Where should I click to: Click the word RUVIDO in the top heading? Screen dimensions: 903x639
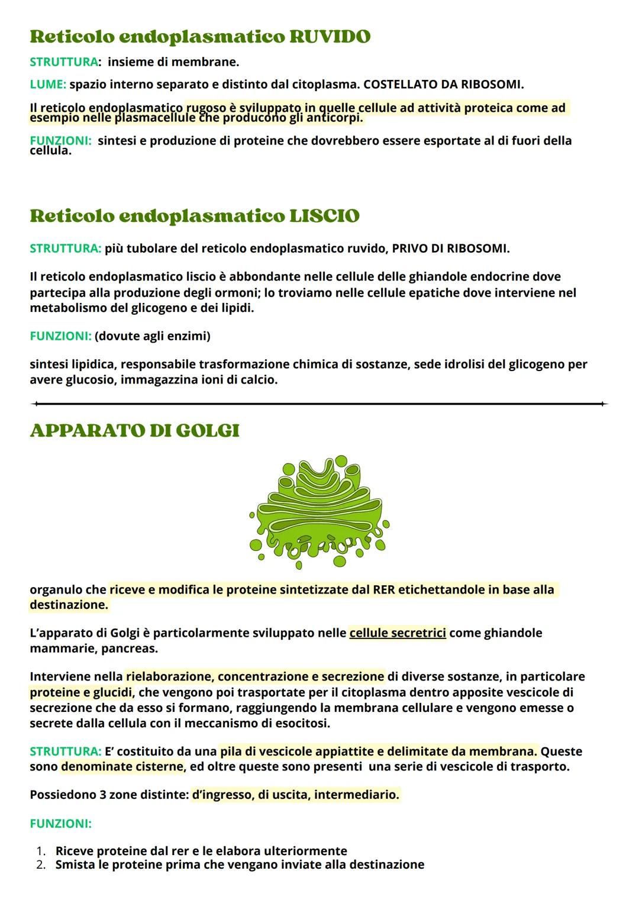click(x=330, y=37)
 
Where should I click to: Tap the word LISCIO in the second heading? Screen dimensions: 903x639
click(x=324, y=216)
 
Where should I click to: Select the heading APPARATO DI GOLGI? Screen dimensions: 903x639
click(x=134, y=430)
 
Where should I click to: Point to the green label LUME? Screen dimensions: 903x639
click(x=48, y=85)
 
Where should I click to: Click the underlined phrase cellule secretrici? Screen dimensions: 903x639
click(x=398, y=633)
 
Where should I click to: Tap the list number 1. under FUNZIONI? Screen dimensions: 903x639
click(x=41, y=851)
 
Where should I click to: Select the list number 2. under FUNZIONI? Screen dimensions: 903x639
click(x=41, y=865)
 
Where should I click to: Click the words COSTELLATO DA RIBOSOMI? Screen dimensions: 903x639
click(x=443, y=85)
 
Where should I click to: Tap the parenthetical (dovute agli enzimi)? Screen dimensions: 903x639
click(x=153, y=336)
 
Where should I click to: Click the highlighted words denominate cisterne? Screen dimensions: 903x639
click(x=122, y=767)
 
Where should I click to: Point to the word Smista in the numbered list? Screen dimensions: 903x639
click(x=74, y=865)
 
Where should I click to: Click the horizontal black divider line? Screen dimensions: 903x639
click(x=319, y=404)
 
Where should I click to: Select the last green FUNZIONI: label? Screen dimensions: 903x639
click(x=60, y=823)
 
